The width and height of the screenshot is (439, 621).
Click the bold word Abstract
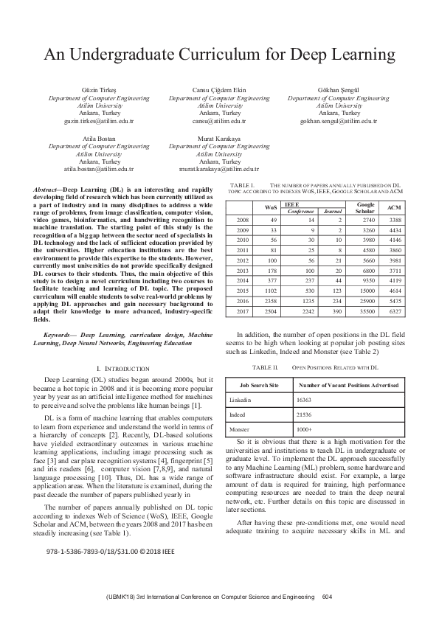(47, 190)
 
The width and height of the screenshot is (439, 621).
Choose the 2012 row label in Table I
(241, 260)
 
